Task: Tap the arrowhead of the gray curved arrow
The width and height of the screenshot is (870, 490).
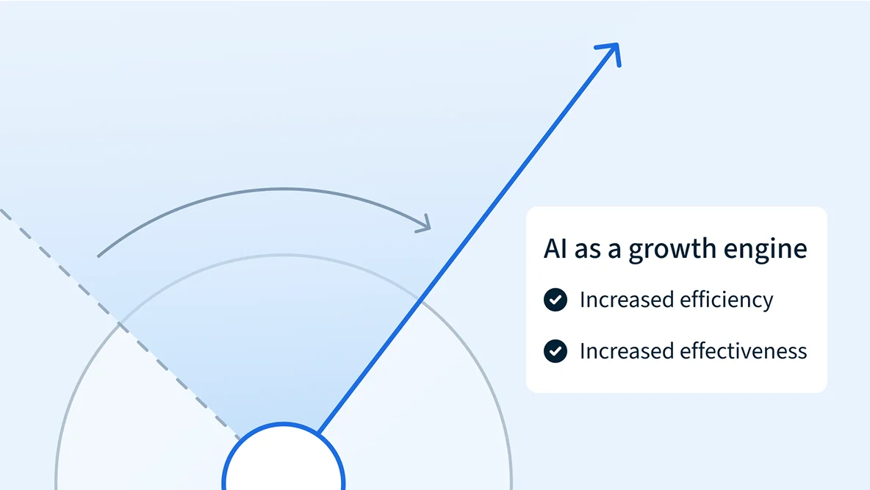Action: [x=425, y=224]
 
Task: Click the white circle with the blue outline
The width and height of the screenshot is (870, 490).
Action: [x=284, y=457]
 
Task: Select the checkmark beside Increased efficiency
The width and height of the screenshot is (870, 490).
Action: [x=556, y=300]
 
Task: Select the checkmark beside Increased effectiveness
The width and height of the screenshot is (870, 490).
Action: [x=556, y=351]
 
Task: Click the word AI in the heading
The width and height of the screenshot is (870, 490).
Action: [x=555, y=248]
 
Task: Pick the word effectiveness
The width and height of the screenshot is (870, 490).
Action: [x=744, y=351]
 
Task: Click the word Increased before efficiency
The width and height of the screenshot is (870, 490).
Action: [x=627, y=300]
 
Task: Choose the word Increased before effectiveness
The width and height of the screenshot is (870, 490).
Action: [x=627, y=351]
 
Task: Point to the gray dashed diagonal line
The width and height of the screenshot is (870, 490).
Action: [x=119, y=323]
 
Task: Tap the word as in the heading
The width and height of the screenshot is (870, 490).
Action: [x=588, y=251]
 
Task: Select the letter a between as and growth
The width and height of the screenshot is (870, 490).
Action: [x=615, y=251]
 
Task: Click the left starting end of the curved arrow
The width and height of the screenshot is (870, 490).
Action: [x=98, y=256]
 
